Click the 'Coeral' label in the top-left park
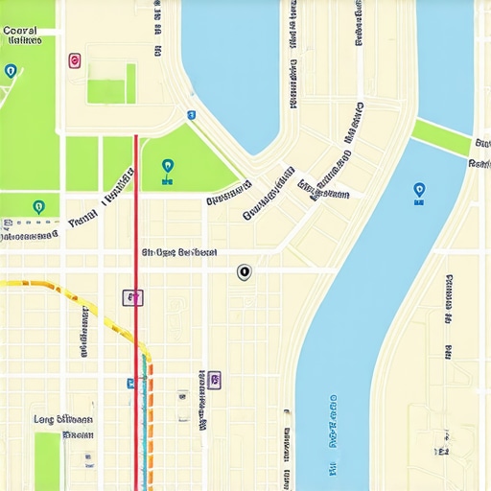21,31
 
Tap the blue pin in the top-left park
11,71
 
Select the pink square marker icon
75,60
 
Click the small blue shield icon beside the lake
191,115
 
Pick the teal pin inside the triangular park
169,168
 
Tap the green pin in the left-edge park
38,206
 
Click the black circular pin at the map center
244,272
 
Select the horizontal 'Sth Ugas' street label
179,253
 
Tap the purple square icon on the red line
133,297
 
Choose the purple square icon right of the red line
214,380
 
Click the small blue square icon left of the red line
130,383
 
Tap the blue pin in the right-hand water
418,191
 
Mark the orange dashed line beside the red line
150,422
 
